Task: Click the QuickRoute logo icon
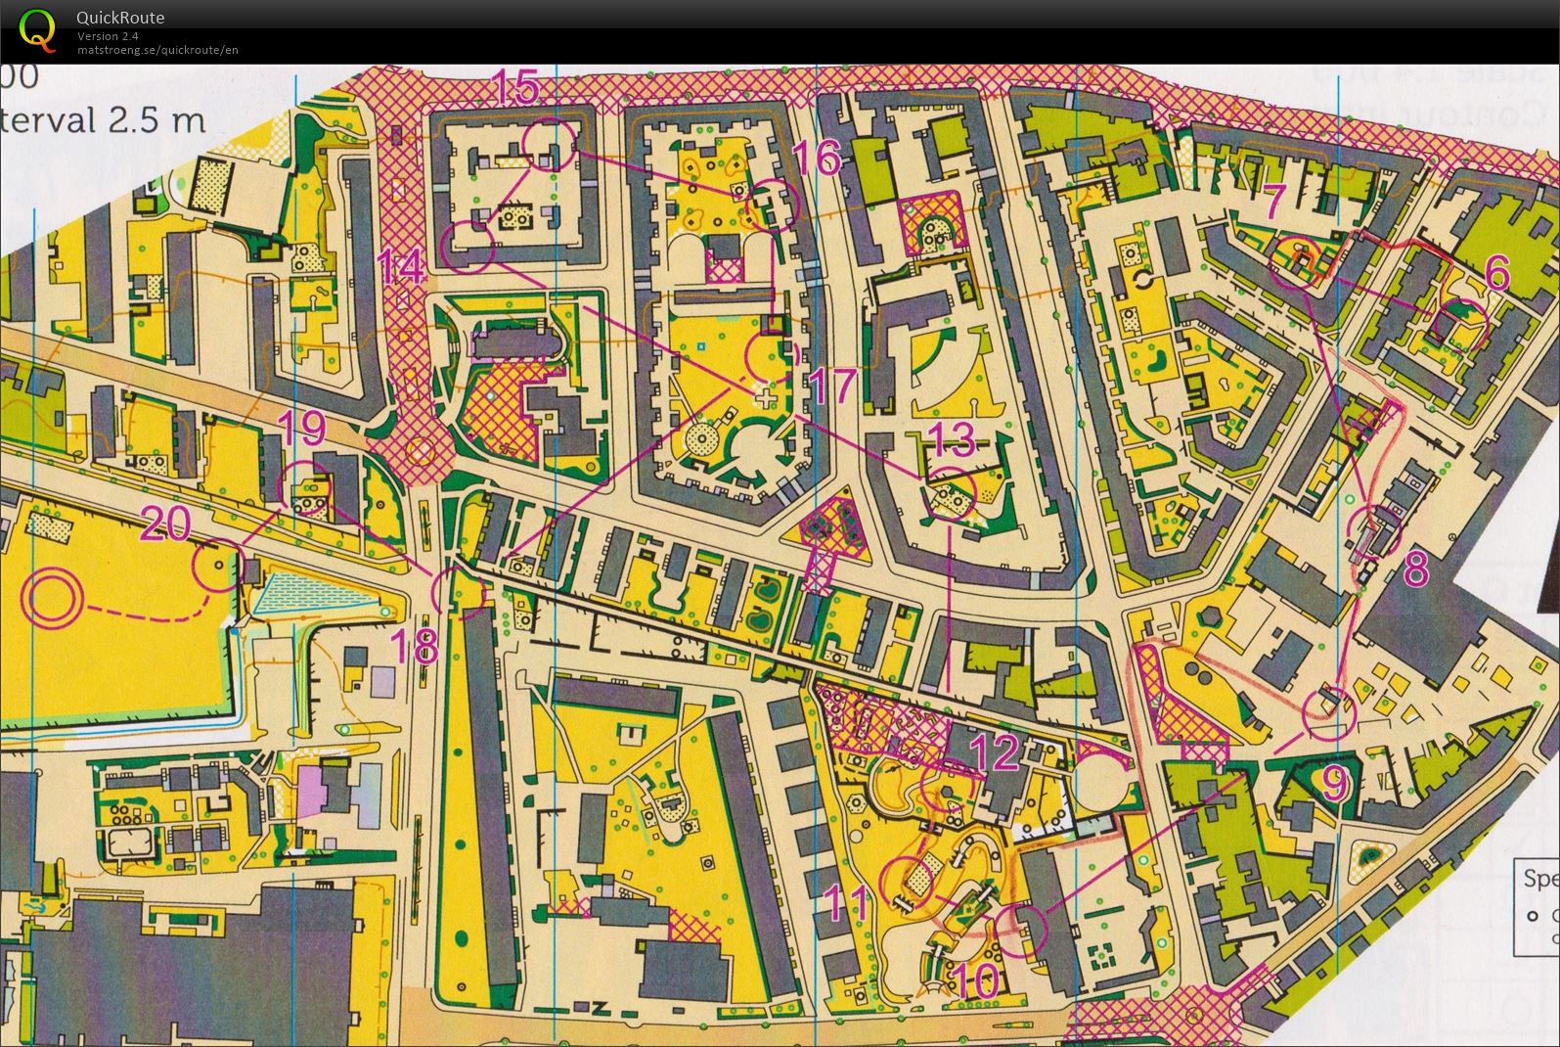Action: pyautogui.click(x=37, y=28)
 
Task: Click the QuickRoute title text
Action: pyautogui.click(x=120, y=17)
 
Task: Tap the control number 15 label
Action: pyautogui.click(x=514, y=88)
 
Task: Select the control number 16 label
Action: pyautogui.click(x=816, y=157)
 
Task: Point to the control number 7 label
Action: pyautogui.click(x=1273, y=203)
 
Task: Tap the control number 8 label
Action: pyautogui.click(x=1415, y=569)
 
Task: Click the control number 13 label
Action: pyautogui.click(x=951, y=440)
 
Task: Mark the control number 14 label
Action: pyautogui.click(x=402, y=266)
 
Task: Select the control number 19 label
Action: pyautogui.click(x=302, y=428)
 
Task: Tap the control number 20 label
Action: pyautogui.click(x=165, y=524)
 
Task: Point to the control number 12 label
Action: pyautogui.click(x=996, y=751)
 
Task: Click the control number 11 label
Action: pyautogui.click(x=847, y=903)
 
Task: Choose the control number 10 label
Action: pyautogui.click(x=973, y=980)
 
